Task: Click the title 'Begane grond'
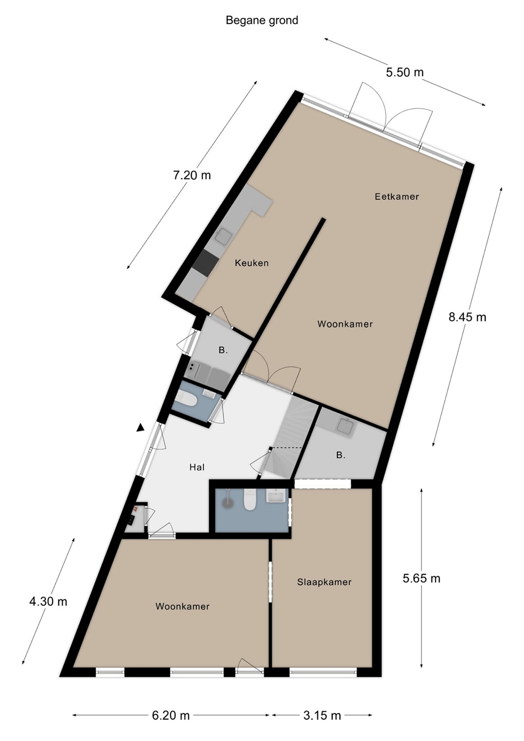point(262,21)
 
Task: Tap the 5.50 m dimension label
point(405,72)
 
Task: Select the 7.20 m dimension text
point(192,175)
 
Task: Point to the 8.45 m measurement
point(467,317)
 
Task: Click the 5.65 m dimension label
point(422,578)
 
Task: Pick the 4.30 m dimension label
point(48,602)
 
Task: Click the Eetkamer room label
point(396,197)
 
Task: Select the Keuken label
point(251,263)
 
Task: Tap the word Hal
point(197,467)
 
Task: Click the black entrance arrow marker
point(140,428)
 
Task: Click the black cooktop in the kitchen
point(205,263)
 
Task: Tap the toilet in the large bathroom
point(249,500)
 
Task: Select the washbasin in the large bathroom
point(276,497)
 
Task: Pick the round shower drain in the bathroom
point(227,502)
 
